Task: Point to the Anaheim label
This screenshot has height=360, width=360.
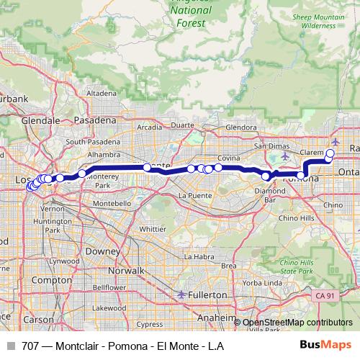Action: click(x=218, y=317)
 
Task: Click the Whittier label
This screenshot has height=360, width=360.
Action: click(x=152, y=228)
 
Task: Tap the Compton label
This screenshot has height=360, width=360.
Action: click(x=48, y=279)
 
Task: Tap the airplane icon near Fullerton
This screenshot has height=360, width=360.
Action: click(x=181, y=294)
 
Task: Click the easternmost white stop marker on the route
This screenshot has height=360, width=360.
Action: click(x=330, y=153)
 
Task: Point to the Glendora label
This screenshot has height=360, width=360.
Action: click(x=241, y=128)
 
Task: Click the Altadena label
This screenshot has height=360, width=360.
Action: click(x=102, y=93)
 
